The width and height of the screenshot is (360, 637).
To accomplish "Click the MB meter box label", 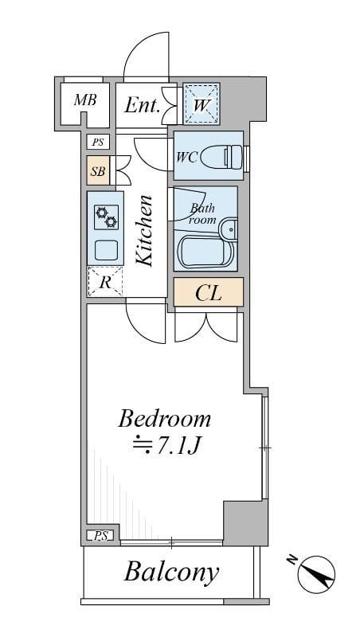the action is (x=85, y=100).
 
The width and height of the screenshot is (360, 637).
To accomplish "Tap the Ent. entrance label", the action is (x=142, y=106).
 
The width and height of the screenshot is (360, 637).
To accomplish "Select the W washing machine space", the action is (x=202, y=104).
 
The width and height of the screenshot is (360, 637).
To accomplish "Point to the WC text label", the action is (x=186, y=157).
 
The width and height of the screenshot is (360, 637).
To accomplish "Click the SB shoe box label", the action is (x=97, y=171).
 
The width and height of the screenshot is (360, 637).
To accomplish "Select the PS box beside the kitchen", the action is (x=97, y=143).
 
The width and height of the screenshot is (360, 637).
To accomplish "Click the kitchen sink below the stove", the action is (x=107, y=250).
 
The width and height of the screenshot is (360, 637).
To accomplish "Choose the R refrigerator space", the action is (x=105, y=282).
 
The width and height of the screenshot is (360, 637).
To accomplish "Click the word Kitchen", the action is (x=144, y=231).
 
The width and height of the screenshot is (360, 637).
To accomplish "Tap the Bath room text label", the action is (x=202, y=213).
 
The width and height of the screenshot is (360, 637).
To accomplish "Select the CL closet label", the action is (x=208, y=293).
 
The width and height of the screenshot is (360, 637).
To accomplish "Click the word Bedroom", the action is (x=165, y=419).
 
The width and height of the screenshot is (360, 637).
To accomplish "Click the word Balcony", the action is (x=171, y=573).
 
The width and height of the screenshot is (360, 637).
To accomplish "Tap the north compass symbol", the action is (x=315, y=574).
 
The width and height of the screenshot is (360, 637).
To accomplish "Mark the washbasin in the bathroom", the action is (x=229, y=230).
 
